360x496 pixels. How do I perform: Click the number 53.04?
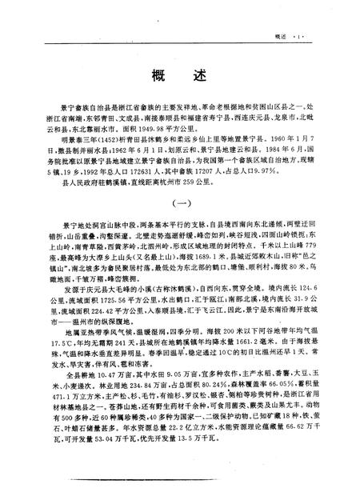pyautogui.click(x=97, y=490)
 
